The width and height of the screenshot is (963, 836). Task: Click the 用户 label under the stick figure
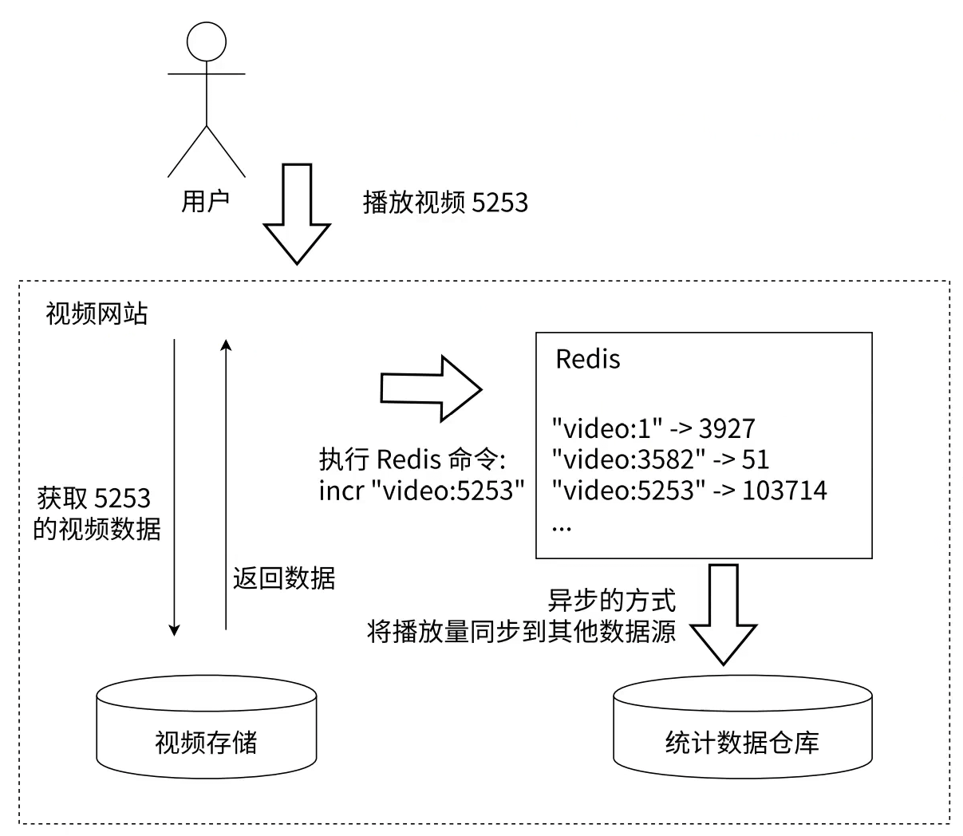pyautogui.click(x=206, y=201)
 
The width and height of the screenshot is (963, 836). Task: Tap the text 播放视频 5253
pyautogui.click(x=445, y=203)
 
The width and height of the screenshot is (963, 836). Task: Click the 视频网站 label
pyautogui.click(x=97, y=313)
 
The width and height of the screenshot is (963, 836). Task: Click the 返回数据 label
pyautogui.click(x=284, y=578)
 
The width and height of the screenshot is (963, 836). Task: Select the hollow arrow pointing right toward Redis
pyautogui.click(x=431, y=388)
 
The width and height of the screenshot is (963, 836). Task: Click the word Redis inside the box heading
pyautogui.click(x=588, y=359)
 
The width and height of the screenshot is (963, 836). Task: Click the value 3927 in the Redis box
pyautogui.click(x=727, y=429)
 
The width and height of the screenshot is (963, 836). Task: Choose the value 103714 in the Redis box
pyautogui.click(x=784, y=490)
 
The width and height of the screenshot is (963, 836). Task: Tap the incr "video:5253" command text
pyautogui.click(x=421, y=490)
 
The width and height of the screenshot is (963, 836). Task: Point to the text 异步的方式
pyautogui.click(x=612, y=601)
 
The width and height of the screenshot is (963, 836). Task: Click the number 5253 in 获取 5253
pyautogui.click(x=122, y=499)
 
